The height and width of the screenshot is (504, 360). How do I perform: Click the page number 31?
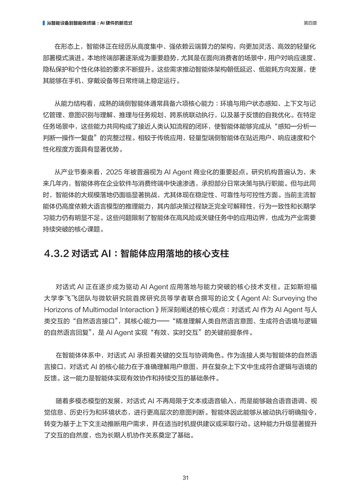coord(185,478)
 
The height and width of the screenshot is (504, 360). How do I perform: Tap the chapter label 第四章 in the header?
coord(310,23)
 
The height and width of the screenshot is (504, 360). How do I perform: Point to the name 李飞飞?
coord(72,298)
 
